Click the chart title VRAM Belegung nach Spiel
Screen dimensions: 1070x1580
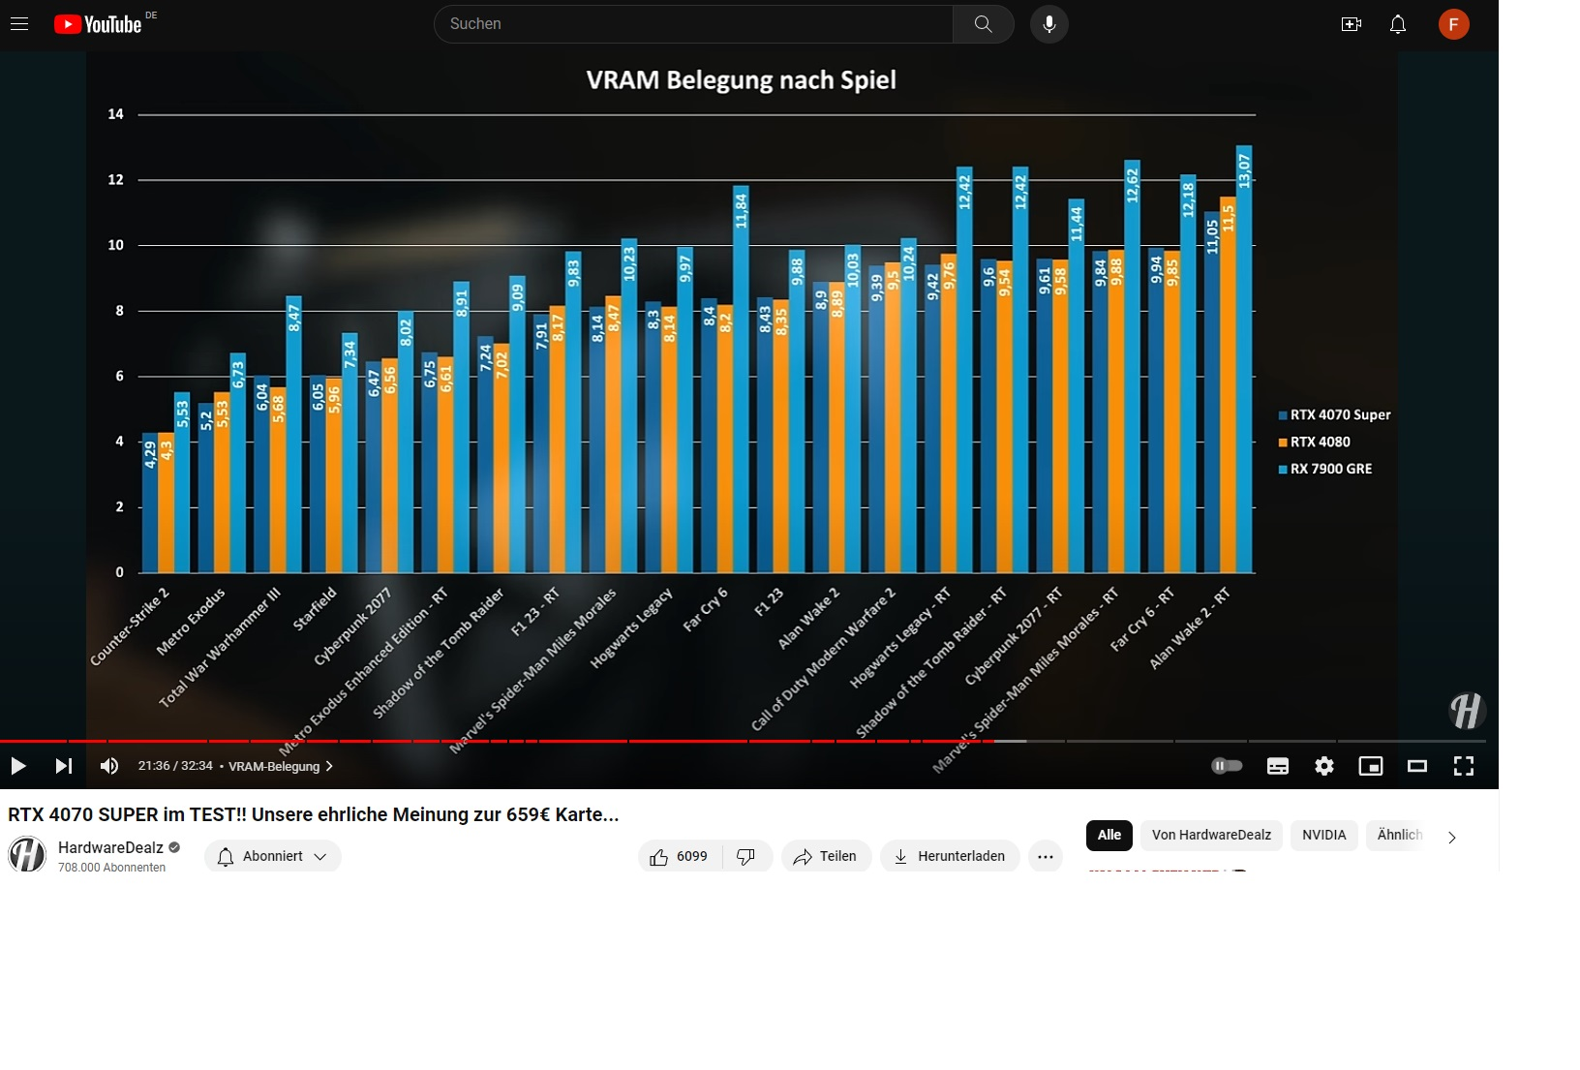tap(741, 80)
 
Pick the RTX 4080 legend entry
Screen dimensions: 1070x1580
tap(1320, 442)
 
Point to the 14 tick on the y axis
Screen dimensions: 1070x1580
tap(116, 114)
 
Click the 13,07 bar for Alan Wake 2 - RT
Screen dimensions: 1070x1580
tap(1244, 358)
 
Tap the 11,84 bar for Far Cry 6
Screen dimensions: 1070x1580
tap(741, 378)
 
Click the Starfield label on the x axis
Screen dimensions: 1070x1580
tap(316, 608)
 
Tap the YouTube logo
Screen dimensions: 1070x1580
tap(98, 24)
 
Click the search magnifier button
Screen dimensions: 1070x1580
tap(983, 24)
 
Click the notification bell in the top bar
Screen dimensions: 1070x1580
tap(1397, 24)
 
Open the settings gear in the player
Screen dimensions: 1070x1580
tap(1323, 766)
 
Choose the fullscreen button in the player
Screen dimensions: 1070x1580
tap(1463, 766)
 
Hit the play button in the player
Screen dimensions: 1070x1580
tap(18, 766)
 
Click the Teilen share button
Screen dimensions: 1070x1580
tap(826, 856)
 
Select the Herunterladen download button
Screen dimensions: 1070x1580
tap(949, 856)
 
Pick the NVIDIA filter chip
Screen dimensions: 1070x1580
tap(1323, 835)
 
